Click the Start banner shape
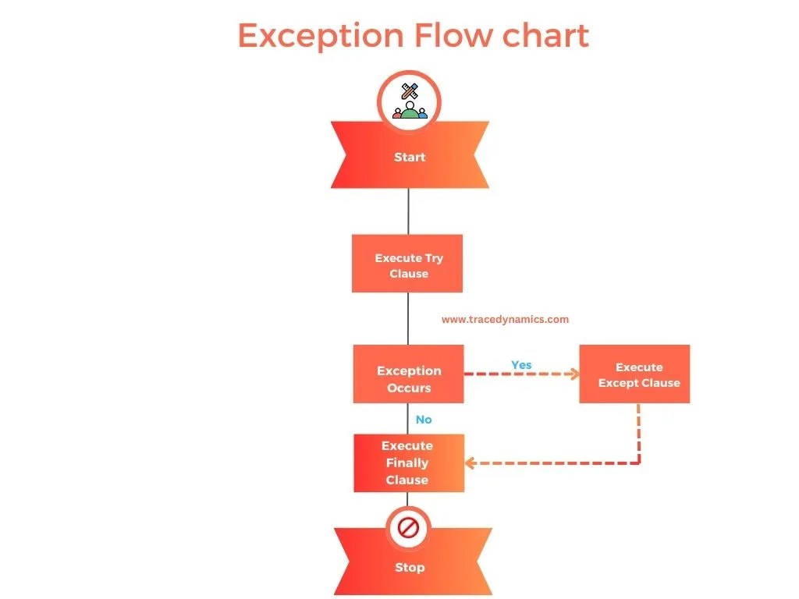(410, 157)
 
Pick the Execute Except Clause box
(634, 374)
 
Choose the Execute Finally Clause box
(408, 463)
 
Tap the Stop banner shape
(412, 567)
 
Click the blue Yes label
(521, 365)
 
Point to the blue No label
(424, 420)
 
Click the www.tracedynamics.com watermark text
(505, 319)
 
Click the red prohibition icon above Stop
(409, 529)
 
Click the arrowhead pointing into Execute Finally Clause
(470, 463)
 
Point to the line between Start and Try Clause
(408, 211)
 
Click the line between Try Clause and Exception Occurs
(408, 318)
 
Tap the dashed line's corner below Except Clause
(639, 463)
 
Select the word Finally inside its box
(407, 463)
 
